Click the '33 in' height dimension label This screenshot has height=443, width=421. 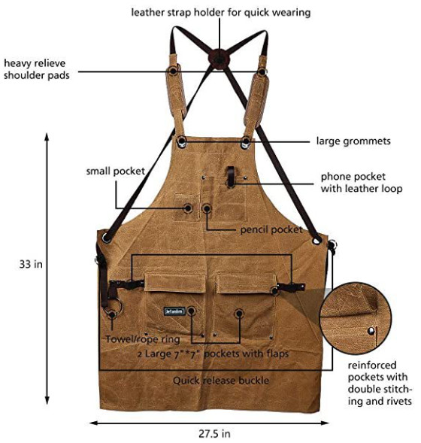point(31,264)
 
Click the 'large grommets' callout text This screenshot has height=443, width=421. point(353,141)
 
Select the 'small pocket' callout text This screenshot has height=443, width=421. point(116,171)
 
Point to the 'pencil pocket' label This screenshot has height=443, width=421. point(271,229)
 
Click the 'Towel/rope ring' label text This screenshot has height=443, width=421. point(143,339)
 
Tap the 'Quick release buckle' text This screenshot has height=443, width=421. point(221,381)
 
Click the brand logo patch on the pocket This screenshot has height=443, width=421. point(174,311)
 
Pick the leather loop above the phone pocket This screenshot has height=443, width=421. point(231,177)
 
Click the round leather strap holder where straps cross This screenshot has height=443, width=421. point(219,59)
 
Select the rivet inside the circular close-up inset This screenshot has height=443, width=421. point(371,330)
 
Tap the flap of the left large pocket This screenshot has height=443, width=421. point(175,283)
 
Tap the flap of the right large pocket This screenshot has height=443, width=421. point(247,284)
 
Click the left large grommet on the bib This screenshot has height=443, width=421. point(182,141)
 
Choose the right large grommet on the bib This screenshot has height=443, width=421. point(246,141)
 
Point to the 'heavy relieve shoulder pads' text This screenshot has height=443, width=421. point(36,69)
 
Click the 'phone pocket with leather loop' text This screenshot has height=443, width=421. point(362,183)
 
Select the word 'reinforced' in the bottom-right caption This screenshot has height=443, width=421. point(372,365)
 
